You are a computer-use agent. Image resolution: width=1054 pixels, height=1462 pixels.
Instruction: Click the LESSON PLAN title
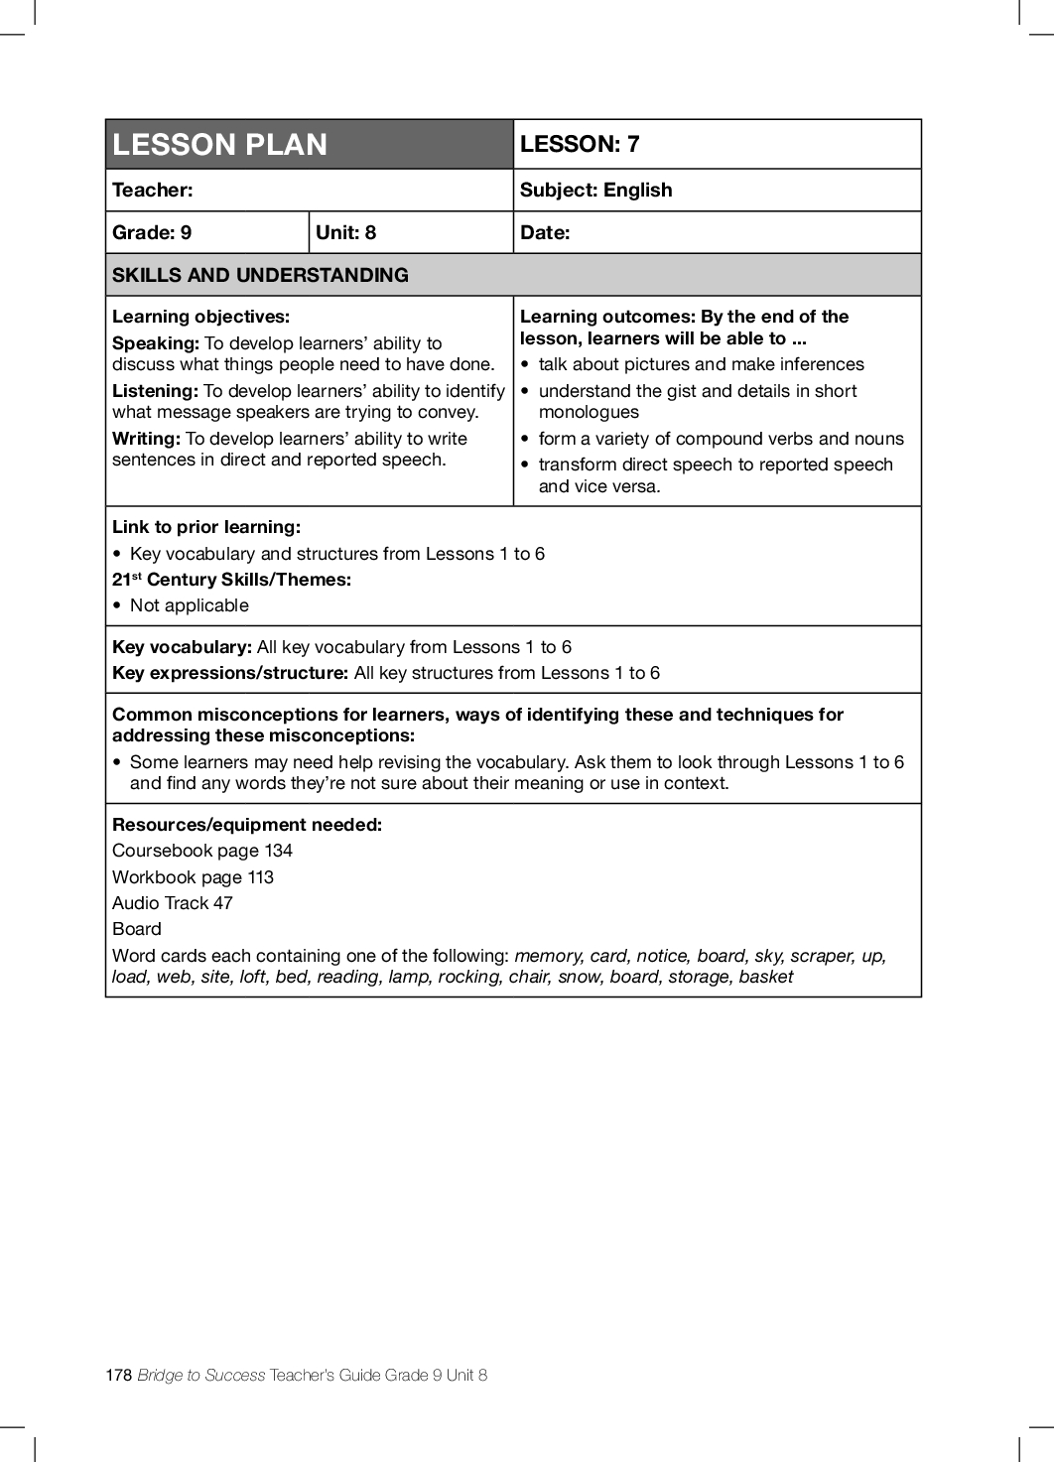[x=219, y=145]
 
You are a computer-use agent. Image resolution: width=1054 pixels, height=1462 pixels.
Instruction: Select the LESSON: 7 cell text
[x=580, y=144]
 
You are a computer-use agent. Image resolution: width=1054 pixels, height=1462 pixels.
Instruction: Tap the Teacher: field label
[x=153, y=190]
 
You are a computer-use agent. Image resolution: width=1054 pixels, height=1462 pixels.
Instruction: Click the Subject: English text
[x=595, y=190]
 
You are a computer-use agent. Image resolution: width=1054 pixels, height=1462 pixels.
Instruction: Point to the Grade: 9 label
[x=152, y=232]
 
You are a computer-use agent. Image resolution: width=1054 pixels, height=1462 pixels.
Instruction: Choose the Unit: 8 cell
[x=345, y=232]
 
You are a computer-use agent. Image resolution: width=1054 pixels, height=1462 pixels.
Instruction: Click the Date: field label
[x=545, y=232]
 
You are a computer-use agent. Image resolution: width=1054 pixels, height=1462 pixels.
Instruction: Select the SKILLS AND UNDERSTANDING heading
[x=260, y=275]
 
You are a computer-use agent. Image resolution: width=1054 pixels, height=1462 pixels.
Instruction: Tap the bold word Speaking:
[x=156, y=343]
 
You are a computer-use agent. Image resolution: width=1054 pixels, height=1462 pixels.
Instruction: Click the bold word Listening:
[x=155, y=391]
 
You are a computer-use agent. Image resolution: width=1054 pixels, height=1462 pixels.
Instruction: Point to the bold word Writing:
[x=146, y=439]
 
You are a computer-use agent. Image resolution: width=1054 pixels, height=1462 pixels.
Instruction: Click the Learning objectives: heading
[x=200, y=317]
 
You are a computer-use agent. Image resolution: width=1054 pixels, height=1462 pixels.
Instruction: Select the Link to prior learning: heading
[x=205, y=527]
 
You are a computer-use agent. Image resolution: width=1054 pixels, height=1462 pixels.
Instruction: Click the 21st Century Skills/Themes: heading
[x=231, y=580]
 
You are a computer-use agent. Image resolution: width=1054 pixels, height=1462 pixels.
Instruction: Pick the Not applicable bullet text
[x=189, y=605]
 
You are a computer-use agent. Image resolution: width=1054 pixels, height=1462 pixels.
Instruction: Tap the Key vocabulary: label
[x=182, y=647]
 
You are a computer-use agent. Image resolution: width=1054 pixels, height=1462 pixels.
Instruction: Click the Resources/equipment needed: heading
[x=246, y=825]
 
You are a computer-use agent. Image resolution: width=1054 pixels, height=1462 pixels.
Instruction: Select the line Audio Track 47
[x=172, y=903]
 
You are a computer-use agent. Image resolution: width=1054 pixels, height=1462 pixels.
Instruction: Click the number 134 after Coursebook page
[x=278, y=851]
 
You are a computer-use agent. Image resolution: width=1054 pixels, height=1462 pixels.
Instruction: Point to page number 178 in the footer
[x=118, y=1375]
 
